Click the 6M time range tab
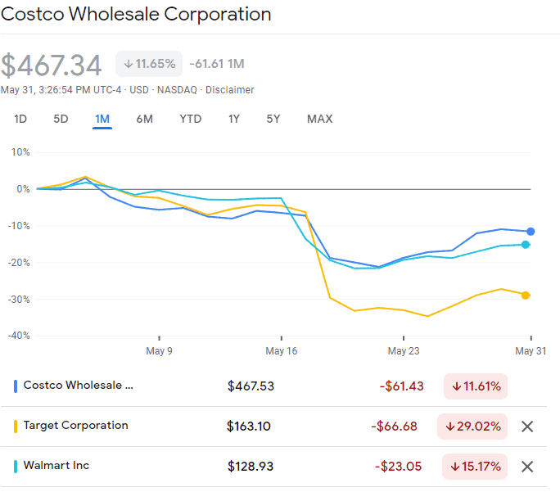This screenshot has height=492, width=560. pyautogui.click(x=144, y=119)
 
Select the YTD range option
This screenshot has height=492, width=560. pyautogui.click(x=190, y=119)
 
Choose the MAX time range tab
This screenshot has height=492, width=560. pyautogui.click(x=319, y=119)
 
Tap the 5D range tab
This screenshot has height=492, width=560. pyautogui.click(x=61, y=119)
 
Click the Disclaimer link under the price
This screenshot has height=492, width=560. pyautogui.click(x=229, y=90)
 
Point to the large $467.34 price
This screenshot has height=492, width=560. pyautogui.click(x=52, y=65)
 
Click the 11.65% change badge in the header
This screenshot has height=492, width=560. pyautogui.click(x=149, y=64)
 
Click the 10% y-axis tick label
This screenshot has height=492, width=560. pyautogui.click(x=20, y=152)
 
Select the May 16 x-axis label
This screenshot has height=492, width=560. pyautogui.click(x=281, y=350)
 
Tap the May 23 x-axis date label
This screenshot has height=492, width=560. pyautogui.click(x=403, y=350)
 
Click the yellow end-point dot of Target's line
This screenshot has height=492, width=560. pyautogui.click(x=526, y=295)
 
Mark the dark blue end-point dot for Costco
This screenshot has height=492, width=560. pyautogui.click(x=531, y=232)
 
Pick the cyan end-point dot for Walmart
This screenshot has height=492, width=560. pyautogui.click(x=526, y=244)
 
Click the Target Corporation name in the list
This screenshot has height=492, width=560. pyautogui.click(x=75, y=426)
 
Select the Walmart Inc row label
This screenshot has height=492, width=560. pyautogui.click(x=56, y=466)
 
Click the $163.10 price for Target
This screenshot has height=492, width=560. pyautogui.click(x=250, y=427)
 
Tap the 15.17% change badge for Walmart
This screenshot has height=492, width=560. pyautogui.click(x=476, y=467)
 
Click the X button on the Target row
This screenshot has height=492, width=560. pyautogui.click(x=527, y=427)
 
